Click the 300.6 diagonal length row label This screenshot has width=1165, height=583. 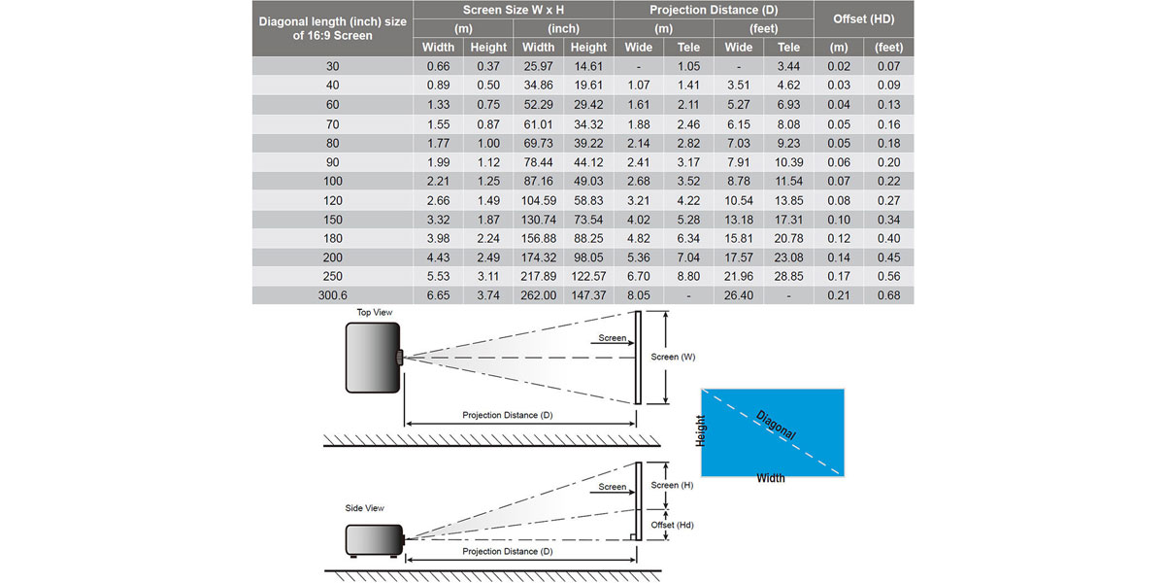332,295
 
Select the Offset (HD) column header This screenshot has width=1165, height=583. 863,19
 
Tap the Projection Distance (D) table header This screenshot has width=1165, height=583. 714,10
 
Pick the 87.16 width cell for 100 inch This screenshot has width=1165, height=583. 538,181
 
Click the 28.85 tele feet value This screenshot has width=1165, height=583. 788,276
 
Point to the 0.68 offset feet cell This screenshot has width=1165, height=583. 888,295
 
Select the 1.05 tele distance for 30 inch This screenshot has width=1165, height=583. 688,66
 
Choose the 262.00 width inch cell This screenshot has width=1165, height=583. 538,295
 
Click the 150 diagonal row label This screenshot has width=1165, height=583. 332,220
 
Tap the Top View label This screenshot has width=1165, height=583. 375,312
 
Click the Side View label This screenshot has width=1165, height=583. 365,508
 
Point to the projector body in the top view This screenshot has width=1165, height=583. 373,358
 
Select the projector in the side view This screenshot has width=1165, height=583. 375,540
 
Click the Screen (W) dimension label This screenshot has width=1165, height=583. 673,358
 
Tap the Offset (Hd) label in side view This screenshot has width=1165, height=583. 672,526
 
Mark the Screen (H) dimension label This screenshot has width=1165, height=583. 672,485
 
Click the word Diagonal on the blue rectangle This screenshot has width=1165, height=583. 776,425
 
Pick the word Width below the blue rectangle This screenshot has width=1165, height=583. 771,478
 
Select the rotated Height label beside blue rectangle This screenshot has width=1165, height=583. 701,430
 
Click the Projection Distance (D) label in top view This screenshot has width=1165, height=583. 508,415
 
